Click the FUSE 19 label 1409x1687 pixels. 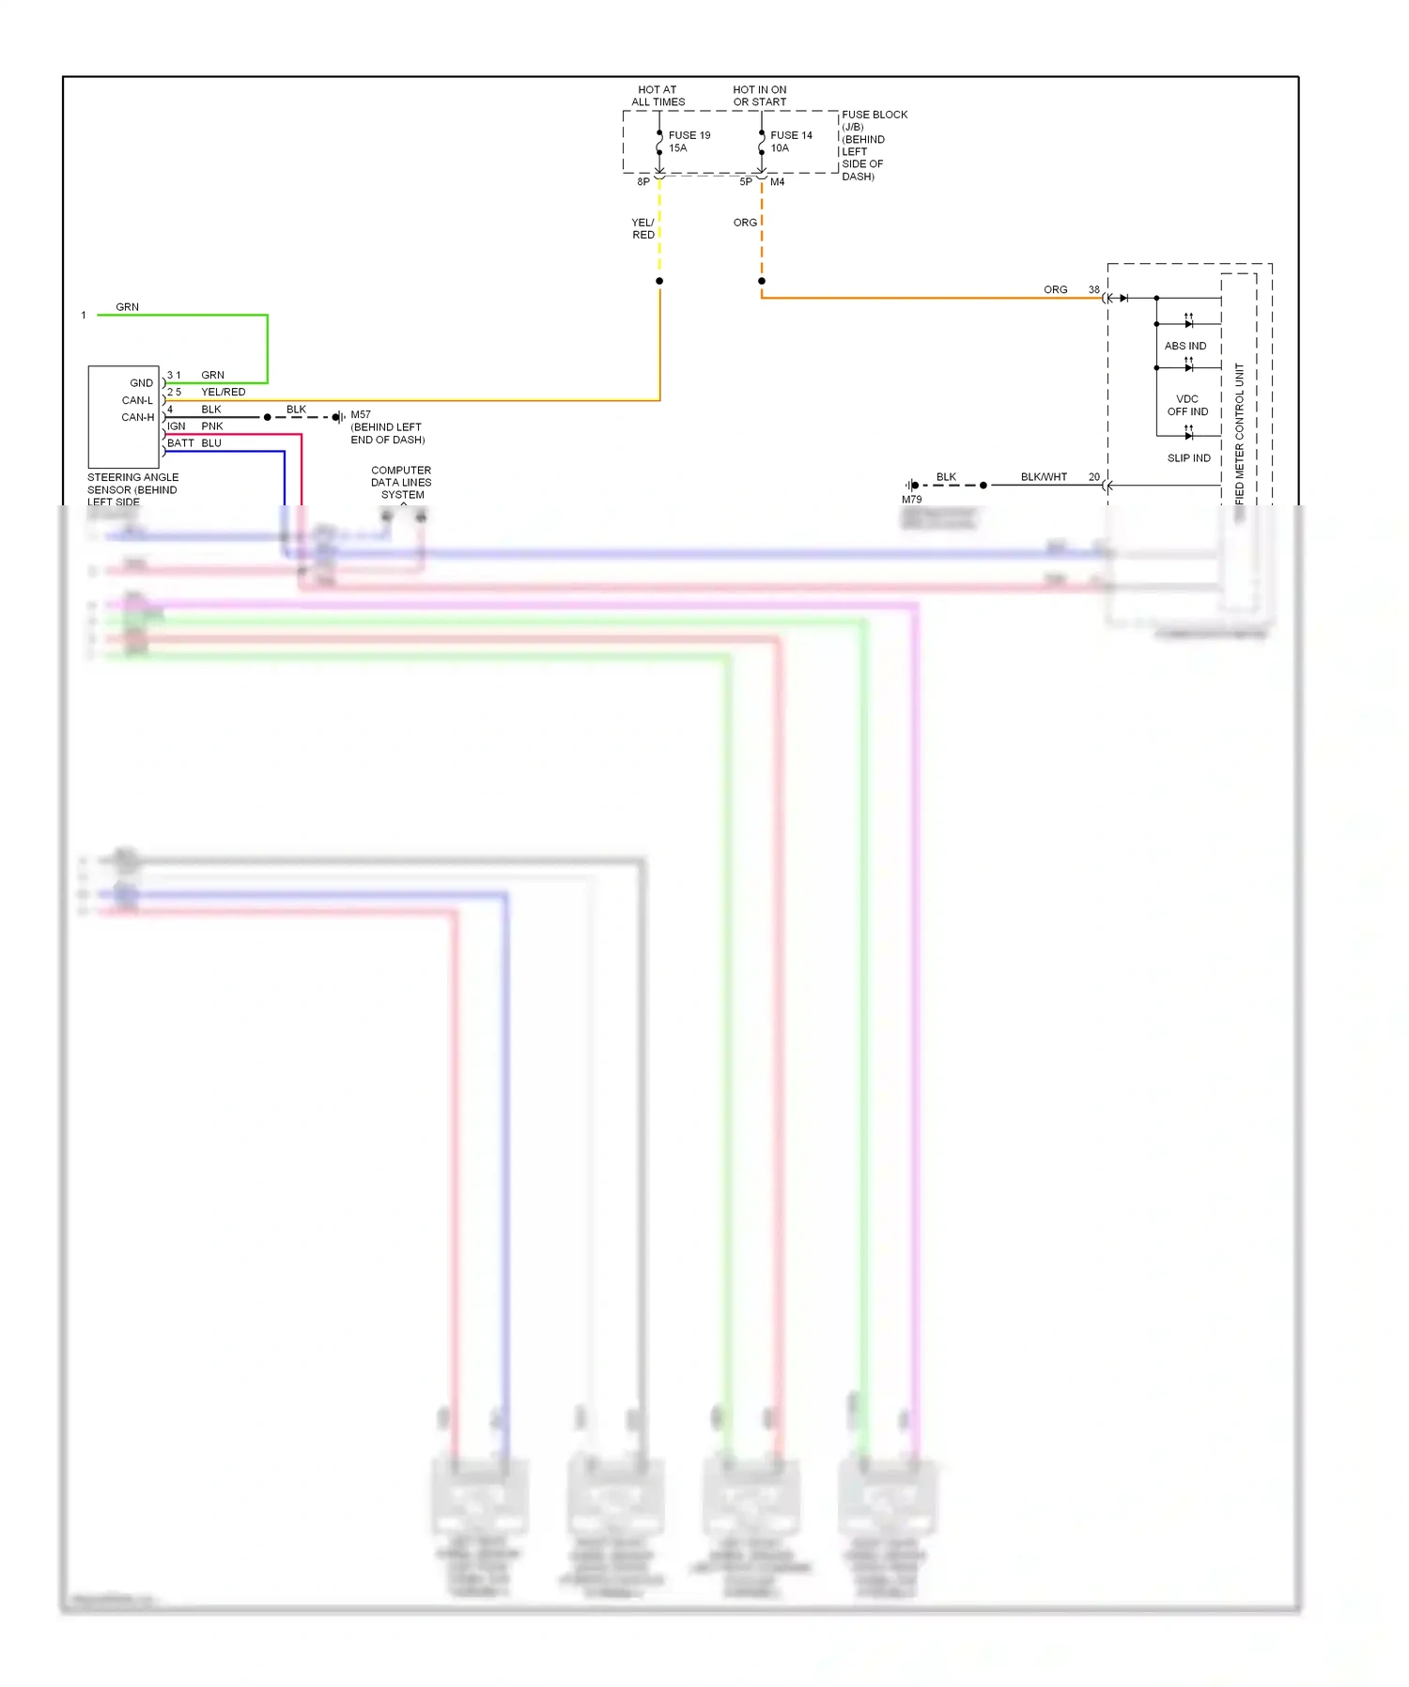(689, 135)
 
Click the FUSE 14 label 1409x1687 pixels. (791, 135)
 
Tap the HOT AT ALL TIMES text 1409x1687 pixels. (658, 96)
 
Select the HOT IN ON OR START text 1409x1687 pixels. (760, 96)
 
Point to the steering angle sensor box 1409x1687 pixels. (123, 416)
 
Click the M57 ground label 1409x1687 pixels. (361, 414)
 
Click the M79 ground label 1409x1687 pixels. (911, 500)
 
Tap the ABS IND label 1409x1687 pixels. (1184, 346)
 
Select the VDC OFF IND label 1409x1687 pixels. (1187, 405)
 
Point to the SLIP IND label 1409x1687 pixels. (1188, 458)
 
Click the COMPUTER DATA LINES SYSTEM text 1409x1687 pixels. (401, 482)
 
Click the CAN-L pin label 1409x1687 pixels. (137, 400)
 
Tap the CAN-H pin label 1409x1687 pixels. (138, 417)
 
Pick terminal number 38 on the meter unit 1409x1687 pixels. (1093, 289)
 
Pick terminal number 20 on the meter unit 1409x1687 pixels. (1093, 477)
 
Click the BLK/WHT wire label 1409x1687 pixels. (1044, 477)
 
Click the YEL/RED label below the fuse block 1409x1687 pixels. (643, 228)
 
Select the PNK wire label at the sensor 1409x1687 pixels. (212, 426)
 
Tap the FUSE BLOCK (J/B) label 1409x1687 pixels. (874, 120)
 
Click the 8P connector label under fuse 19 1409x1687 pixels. (643, 181)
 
